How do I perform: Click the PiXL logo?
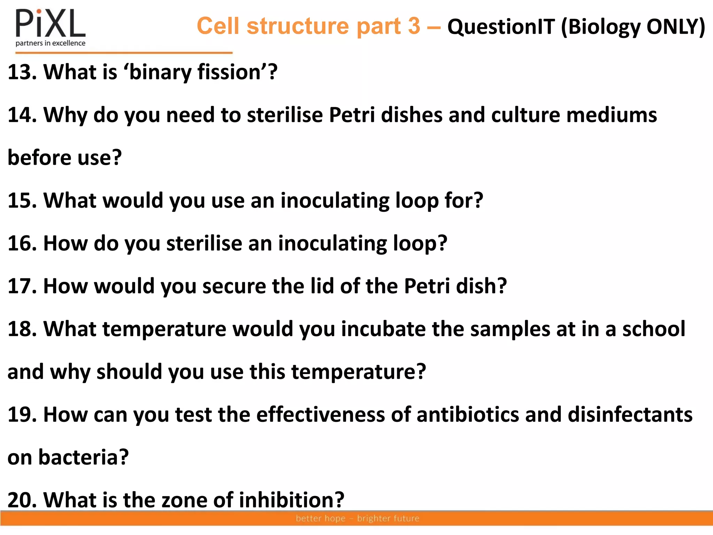50,24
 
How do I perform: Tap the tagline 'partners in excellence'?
50,43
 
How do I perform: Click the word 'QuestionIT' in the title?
501,26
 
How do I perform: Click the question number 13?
22,72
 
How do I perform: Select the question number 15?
22,201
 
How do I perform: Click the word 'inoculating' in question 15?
335,201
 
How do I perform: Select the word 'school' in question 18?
653,329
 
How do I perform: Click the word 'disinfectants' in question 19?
630,414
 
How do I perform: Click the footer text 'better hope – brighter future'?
357,518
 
